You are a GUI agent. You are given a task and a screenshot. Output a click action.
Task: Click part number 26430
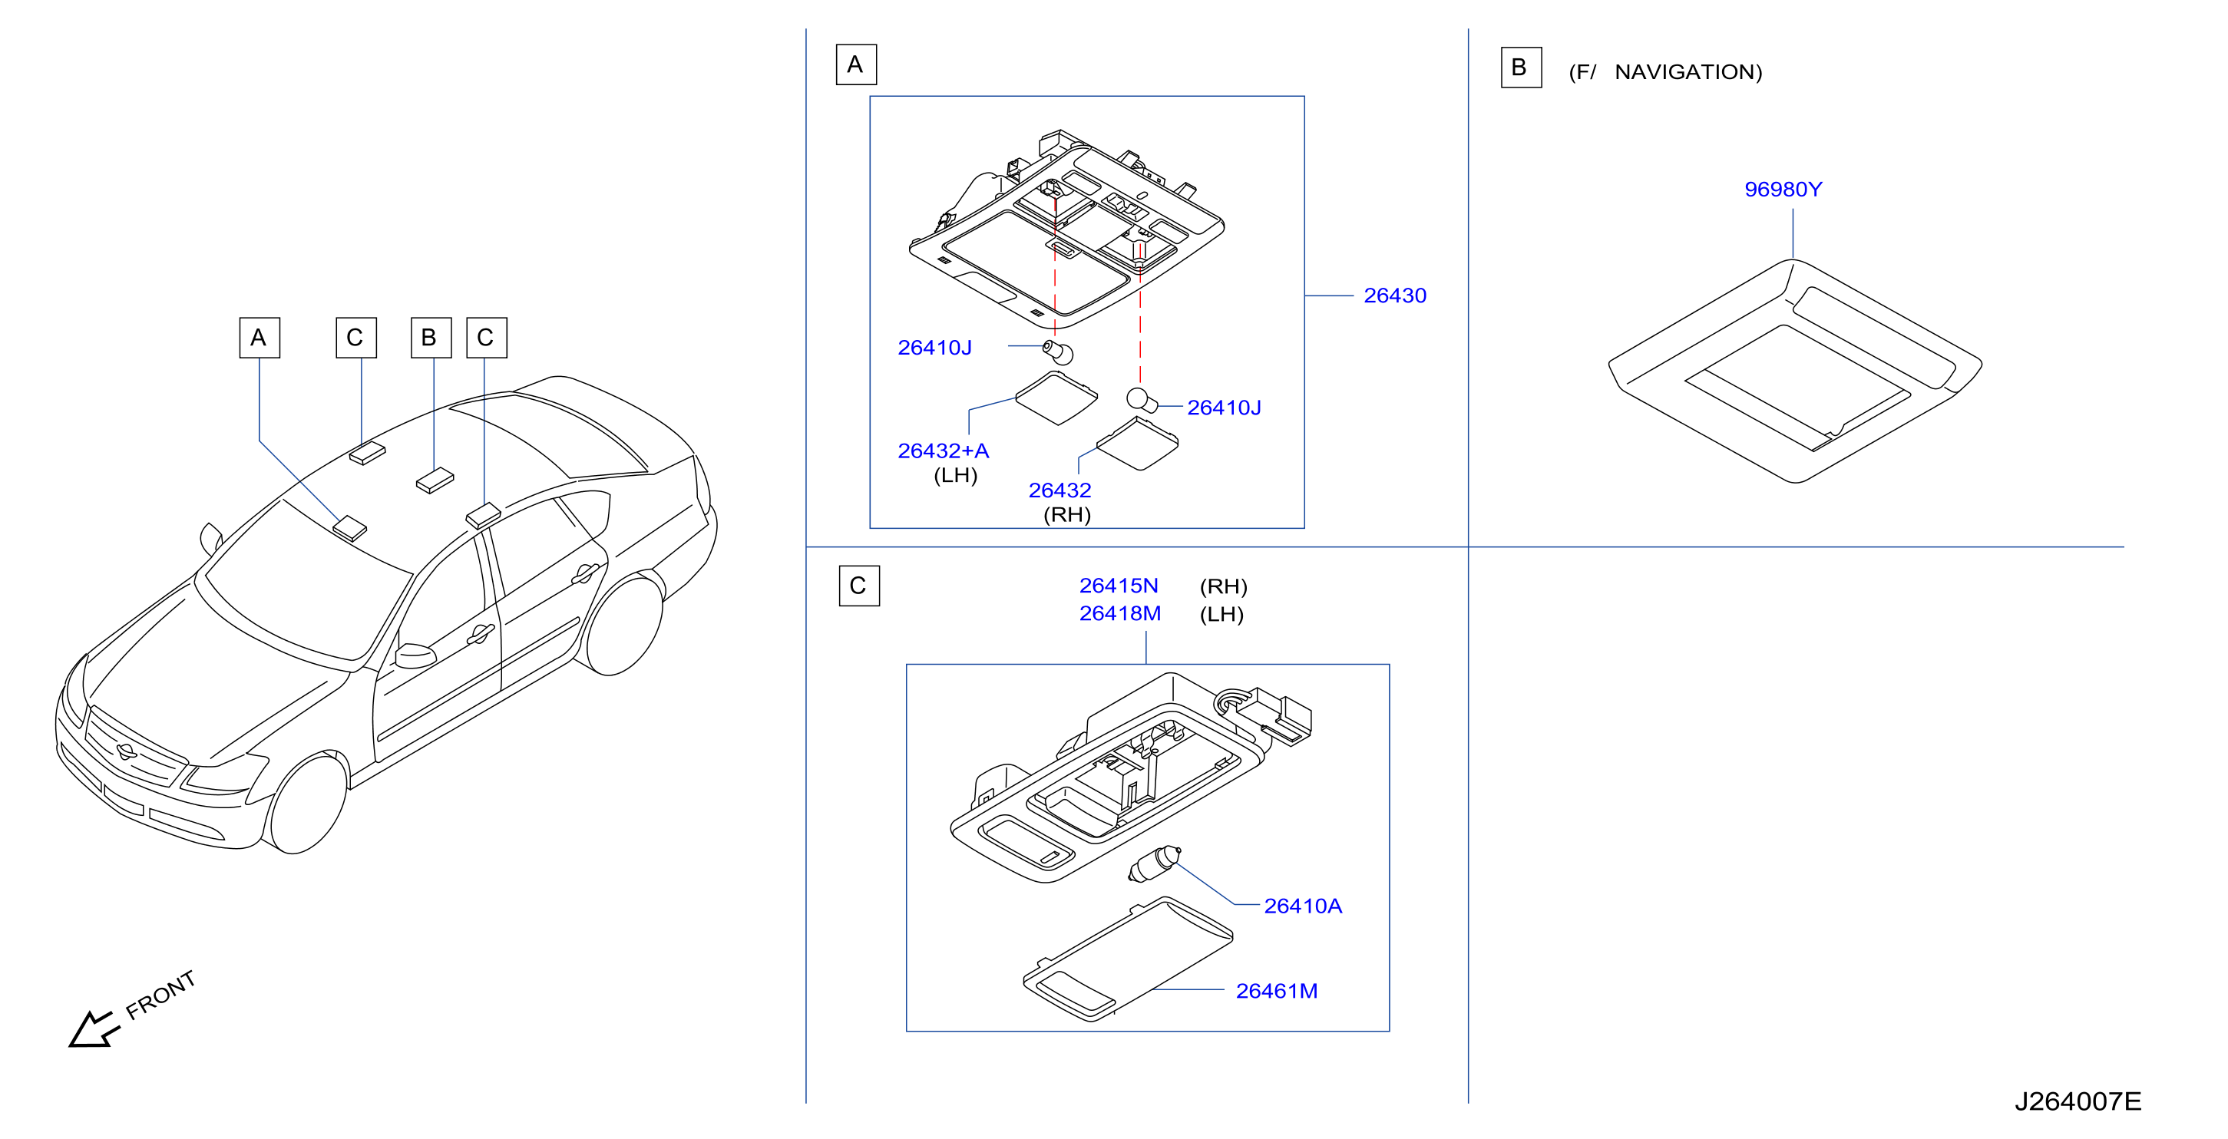coord(1394,295)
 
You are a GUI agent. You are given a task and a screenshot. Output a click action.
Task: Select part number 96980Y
coord(1783,190)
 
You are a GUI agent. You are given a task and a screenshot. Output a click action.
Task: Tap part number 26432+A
coord(943,451)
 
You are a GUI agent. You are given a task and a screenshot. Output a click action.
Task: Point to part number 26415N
coord(1119,586)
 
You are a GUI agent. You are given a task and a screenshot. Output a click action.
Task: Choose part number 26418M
coord(1120,613)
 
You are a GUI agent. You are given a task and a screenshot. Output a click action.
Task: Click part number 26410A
coord(1303,906)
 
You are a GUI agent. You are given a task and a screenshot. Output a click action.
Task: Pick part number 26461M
coord(1277,990)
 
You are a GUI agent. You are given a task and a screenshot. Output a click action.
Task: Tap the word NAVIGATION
coord(1688,72)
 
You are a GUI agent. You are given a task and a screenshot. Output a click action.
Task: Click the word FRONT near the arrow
coord(161,995)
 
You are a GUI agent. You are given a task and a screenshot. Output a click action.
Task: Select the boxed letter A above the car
coord(259,337)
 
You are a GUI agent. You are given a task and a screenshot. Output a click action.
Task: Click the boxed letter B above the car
coord(431,337)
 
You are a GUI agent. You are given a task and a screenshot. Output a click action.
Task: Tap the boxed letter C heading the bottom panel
coord(859,586)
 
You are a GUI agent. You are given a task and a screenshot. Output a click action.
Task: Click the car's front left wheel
coord(307,804)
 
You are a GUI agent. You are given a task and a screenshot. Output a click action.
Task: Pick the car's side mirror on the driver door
coord(415,655)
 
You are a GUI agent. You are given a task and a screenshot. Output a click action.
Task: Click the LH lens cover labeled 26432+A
coord(1056,398)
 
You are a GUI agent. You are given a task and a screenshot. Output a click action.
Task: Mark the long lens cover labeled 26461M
coord(1128,959)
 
